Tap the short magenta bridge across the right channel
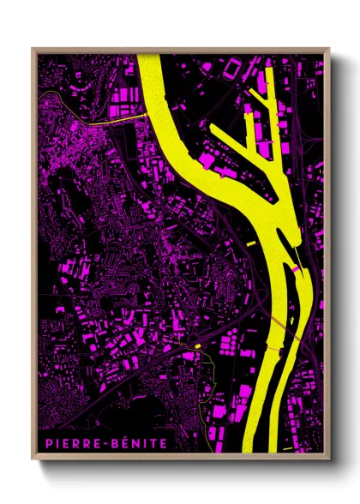pyautogui.click(x=297, y=269)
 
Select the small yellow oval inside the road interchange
pyautogui.click(x=196, y=345)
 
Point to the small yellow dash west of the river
pyautogui.click(x=250, y=245)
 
